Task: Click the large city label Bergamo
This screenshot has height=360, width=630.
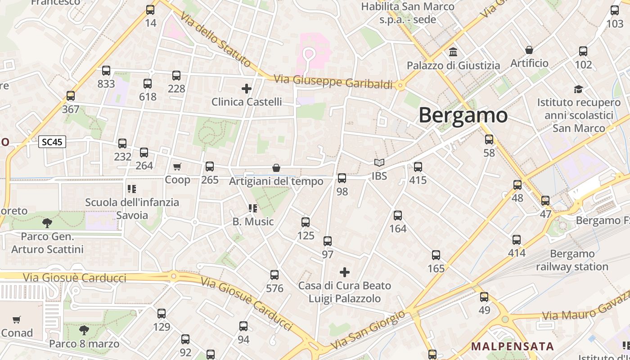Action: tap(463, 116)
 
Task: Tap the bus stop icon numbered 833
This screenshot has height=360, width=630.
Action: tap(106, 71)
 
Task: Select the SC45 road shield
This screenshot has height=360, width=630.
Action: tap(52, 142)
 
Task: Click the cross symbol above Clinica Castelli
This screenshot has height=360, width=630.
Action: tap(247, 88)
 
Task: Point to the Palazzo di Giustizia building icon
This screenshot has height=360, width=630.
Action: tap(453, 52)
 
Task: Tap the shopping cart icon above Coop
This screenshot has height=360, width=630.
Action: tap(177, 166)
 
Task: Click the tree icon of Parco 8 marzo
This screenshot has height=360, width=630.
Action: tap(84, 330)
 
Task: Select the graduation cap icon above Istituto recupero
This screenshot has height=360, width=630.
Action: tap(578, 89)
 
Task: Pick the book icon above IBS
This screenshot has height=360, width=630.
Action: tap(379, 163)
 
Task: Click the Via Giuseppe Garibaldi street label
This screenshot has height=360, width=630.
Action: tap(333, 82)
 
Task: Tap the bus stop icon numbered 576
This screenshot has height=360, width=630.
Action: tap(274, 275)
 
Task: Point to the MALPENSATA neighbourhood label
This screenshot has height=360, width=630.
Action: tap(512, 346)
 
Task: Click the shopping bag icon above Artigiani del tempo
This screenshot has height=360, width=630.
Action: tap(276, 168)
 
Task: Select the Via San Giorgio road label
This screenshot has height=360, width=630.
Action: tap(368, 330)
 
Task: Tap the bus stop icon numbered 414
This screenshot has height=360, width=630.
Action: tap(517, 240)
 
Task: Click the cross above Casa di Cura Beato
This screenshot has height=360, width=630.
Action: tap(345, 272)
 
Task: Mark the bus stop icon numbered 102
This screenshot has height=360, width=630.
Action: tap(583, 51)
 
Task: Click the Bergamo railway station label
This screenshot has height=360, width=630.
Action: tap(572, 260)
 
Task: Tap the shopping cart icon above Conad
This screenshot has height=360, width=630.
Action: tap(17, 320)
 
